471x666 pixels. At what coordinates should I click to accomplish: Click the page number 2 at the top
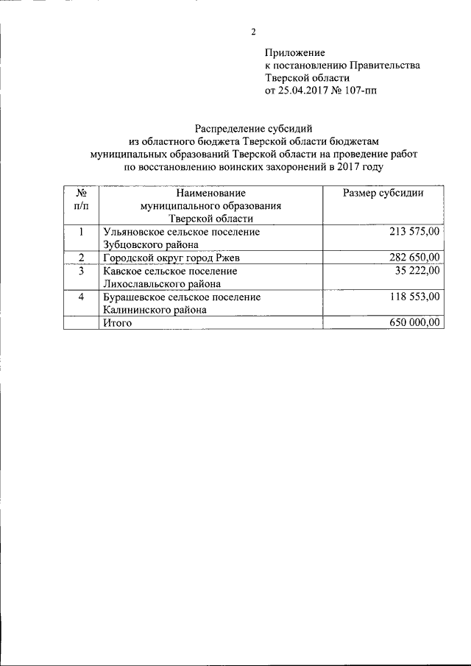click(252, 31)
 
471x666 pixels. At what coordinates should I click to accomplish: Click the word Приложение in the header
click(294, 52)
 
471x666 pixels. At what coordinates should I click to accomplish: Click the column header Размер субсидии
click(383, 193)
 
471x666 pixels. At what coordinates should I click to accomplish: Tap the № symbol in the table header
click(82, 193)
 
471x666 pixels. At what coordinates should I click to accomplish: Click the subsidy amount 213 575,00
click(414, 231)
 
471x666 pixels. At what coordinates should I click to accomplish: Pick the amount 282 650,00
click(414, 257)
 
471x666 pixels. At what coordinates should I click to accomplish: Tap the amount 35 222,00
click(417, 270)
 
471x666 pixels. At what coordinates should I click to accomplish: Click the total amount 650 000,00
click(414, 322)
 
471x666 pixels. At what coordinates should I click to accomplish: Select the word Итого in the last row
click(118, 322)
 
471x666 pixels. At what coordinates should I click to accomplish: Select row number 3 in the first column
click(82, 270)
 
